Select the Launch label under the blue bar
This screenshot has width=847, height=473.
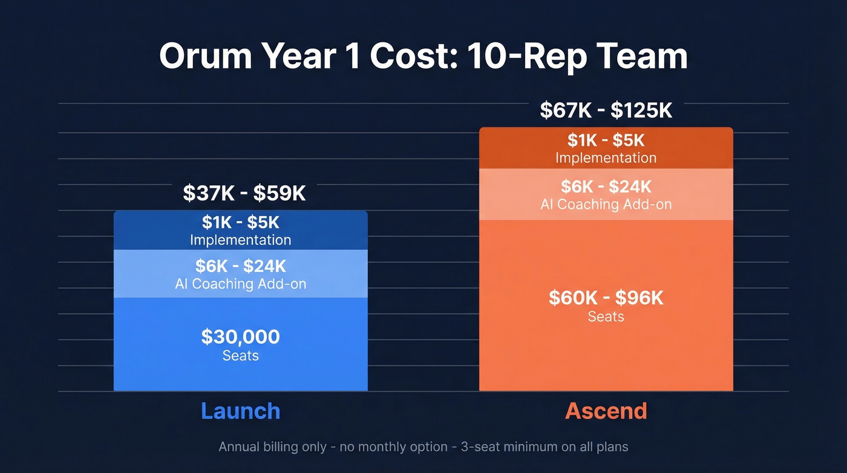point(240,411)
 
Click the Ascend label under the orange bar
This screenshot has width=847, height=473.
point(606,411)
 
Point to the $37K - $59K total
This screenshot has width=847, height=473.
point(244,194)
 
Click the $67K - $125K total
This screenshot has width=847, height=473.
point(606,111)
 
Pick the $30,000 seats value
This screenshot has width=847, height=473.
point(240,337)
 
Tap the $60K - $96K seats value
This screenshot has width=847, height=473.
point(606,298)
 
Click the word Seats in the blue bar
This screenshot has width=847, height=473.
point(240,356)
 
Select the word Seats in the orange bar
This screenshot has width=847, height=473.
point(606,317)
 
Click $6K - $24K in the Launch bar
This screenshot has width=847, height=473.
point(240,266)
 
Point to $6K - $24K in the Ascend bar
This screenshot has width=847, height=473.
point(606,187)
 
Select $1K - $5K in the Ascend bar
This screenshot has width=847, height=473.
point(606,141)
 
